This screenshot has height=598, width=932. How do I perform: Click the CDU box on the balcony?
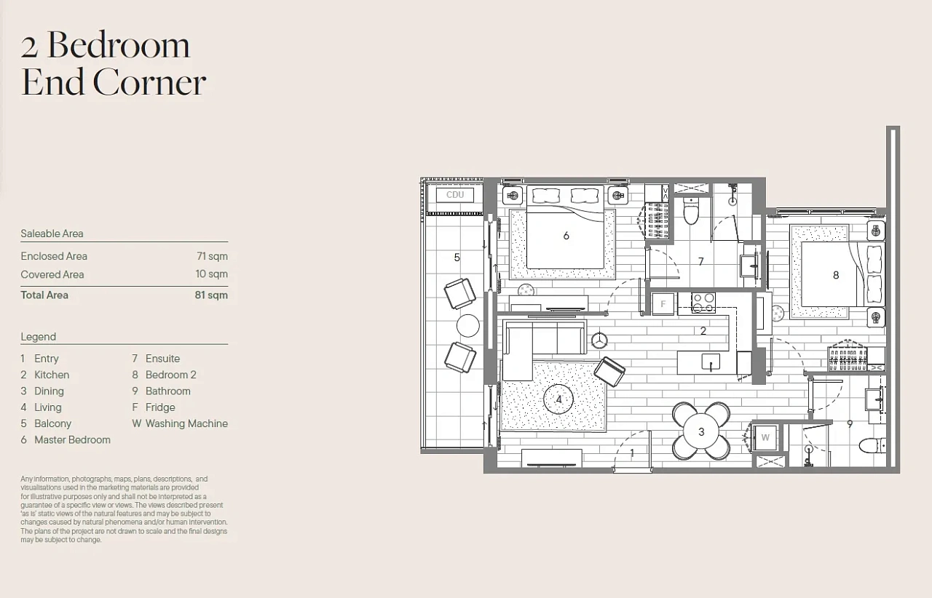tap(455, 195)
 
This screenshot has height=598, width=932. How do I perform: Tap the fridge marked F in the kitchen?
tap(663, 303)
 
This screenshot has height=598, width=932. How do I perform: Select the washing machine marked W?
tap(765, 437)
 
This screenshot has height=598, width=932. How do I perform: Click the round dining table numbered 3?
tap(701, 431)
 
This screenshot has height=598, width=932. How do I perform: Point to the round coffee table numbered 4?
tap(558, 399)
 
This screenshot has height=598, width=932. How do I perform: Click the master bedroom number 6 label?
tap(566, 236)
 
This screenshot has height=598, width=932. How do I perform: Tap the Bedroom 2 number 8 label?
tap(836, 275)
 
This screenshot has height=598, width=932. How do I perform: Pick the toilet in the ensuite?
tap(691, 211)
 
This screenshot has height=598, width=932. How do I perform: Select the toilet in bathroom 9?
tap(872, 446)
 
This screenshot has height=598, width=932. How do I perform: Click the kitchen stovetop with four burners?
tap(703, 303)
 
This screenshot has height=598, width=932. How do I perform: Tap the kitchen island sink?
tap(711, 362)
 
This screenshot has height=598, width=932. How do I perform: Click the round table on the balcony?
tap(468, 326)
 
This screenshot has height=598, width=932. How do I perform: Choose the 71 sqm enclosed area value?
tap(212, 256)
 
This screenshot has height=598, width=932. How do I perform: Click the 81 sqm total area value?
tap(211, 295)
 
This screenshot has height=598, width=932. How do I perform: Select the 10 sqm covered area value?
tap(212, 274)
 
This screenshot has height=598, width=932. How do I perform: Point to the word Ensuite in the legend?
tap(162, 359)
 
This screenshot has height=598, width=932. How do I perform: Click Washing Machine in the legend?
tap(187, 423)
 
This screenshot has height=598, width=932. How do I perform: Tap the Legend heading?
tap(39, 336)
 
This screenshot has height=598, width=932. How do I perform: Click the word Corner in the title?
tap(149, 82)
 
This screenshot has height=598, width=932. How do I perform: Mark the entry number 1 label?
tap(632, 453)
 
